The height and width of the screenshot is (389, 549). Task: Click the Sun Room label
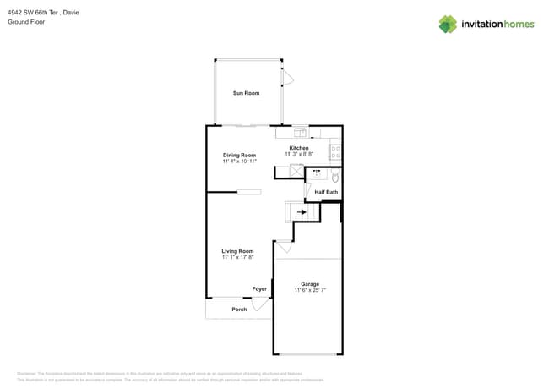pos(246,93)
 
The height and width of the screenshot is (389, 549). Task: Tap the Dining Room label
pos(239,155)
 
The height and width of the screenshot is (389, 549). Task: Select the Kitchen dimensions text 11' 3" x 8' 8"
pos(299,154)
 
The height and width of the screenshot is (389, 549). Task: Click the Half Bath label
pos(326,193)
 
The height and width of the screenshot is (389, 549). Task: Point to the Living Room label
pos(237,251)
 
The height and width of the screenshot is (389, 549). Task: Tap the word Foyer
pos(259,289)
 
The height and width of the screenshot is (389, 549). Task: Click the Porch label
pos(239,310)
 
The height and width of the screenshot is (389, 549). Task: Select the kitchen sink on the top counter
pos(300,133)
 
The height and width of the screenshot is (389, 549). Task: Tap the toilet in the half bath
pos(334,177)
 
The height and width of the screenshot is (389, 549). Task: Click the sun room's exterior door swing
pos(287,79)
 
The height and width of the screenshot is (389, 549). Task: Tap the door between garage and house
pos(283,247)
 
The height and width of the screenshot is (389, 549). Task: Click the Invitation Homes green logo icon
pos(447,24)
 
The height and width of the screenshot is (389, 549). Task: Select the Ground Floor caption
pos(25,22)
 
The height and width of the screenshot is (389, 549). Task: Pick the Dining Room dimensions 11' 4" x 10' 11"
pos(239,161)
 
